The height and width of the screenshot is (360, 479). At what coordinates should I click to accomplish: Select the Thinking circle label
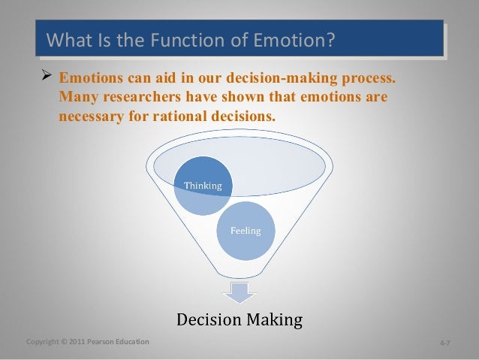(204, 186)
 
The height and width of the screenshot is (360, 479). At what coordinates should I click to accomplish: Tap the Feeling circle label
(246, 231)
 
